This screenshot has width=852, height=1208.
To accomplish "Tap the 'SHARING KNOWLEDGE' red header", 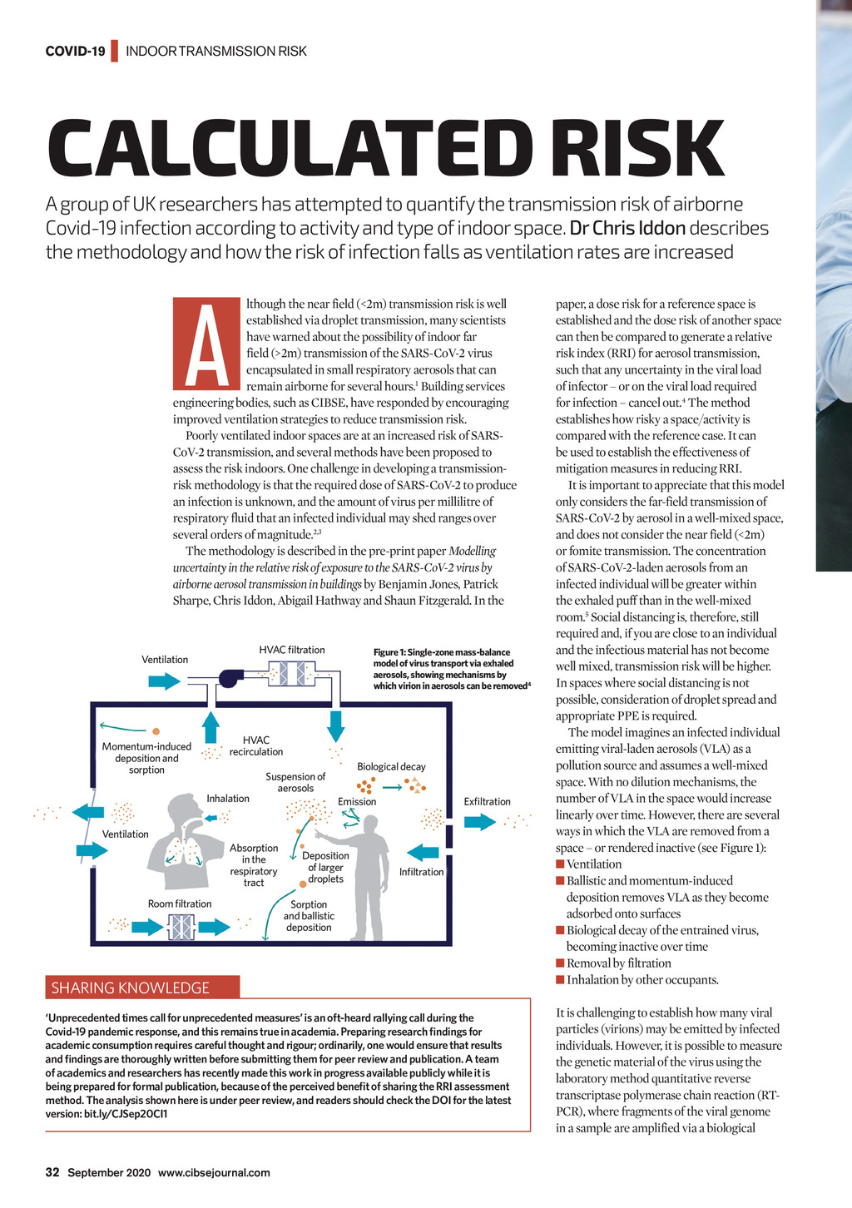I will point(131,988).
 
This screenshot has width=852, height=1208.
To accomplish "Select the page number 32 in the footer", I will point(52,1173).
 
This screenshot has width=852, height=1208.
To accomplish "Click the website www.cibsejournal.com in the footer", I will point(214,1173).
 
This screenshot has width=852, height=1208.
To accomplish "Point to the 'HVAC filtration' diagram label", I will point(292,650).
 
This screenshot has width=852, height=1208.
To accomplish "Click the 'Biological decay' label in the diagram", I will point(391,766).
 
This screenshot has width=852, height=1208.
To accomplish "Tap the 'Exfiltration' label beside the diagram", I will point(487,801).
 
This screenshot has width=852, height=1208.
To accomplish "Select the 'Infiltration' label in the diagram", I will point(422,872).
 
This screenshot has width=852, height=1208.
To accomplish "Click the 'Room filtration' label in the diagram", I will point(180,904).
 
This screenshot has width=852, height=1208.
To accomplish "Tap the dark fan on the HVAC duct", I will point(227,679).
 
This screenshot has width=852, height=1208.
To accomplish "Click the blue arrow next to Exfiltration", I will point(479,822).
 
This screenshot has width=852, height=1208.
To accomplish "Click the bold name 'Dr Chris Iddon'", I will point(628,228).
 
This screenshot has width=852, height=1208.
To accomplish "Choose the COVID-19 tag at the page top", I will point(75,52).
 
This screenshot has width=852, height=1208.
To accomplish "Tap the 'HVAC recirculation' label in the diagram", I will point(256,745).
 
